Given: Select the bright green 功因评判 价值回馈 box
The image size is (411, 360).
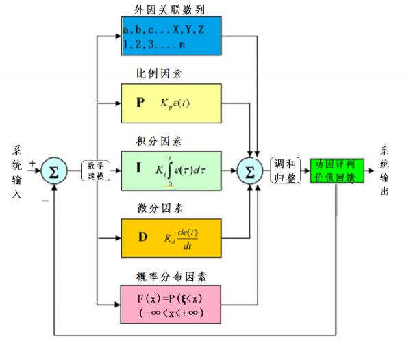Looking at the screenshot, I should click(x=336, y=170).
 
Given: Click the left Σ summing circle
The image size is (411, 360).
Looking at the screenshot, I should click(x=54, y=170).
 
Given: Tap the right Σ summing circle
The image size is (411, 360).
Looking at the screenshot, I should click(x=250, y=170).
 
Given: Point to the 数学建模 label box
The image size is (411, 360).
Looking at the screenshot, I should click(x=95, y=170).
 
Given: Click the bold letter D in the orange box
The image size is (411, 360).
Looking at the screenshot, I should click(x=142, y=237).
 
